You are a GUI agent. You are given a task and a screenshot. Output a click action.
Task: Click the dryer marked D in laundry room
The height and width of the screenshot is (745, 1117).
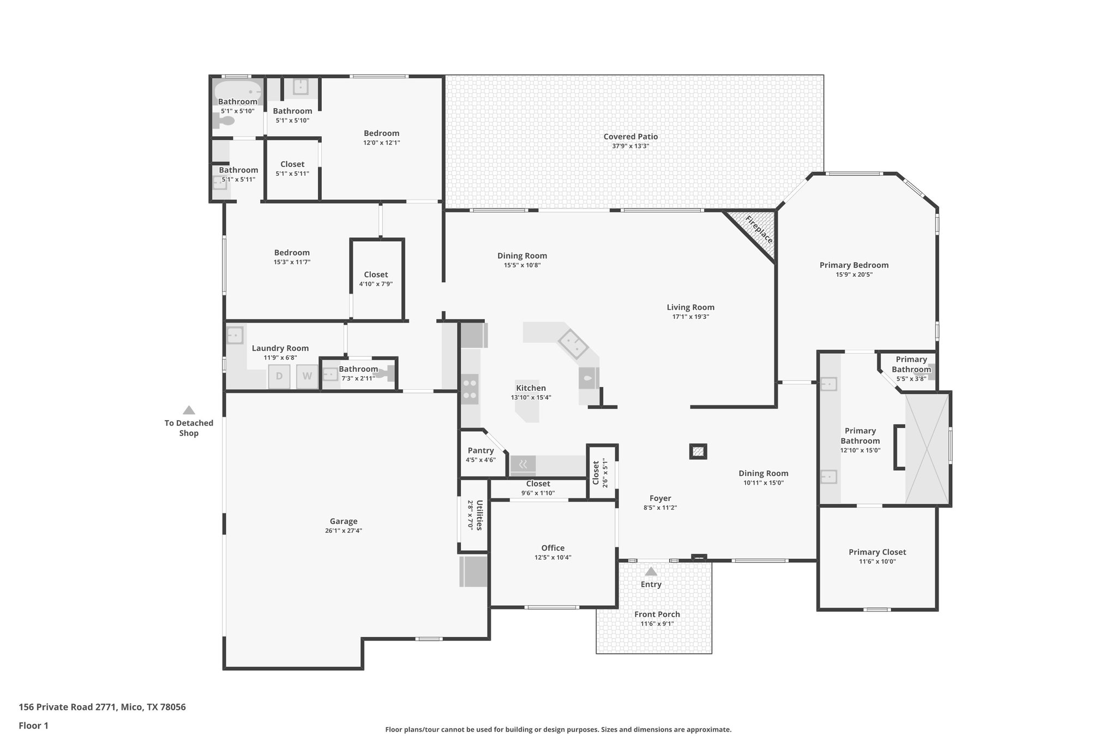279,376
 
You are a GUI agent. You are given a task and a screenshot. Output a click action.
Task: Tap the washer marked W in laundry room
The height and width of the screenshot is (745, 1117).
307,376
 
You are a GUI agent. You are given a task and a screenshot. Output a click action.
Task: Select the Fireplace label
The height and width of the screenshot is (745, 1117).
759,230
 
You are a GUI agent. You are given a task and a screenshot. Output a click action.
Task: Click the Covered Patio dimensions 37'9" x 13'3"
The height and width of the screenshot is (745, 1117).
630,146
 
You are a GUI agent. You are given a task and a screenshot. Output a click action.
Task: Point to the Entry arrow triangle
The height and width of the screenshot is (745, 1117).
651,571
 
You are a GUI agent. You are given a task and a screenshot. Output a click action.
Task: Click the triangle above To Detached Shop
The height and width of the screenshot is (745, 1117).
189,410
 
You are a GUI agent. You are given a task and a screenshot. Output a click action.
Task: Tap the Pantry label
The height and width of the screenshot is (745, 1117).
481,450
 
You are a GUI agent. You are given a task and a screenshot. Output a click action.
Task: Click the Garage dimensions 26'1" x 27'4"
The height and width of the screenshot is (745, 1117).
343,531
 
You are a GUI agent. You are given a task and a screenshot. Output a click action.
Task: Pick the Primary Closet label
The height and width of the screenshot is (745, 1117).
877,552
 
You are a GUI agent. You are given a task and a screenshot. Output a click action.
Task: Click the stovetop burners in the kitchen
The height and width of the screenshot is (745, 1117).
470,389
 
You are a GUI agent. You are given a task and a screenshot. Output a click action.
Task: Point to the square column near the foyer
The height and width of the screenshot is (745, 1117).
698,451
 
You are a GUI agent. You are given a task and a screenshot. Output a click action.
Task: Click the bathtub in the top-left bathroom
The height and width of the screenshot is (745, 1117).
237,91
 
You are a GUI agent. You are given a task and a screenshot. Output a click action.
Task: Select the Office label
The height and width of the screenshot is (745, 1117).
553,548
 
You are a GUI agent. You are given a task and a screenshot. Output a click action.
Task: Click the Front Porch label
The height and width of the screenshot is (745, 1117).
657,614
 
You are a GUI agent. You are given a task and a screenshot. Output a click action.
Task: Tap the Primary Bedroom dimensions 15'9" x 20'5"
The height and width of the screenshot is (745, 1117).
854,275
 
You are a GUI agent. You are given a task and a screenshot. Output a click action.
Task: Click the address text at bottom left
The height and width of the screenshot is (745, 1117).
102,707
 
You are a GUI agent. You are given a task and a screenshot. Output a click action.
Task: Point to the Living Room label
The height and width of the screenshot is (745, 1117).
690,307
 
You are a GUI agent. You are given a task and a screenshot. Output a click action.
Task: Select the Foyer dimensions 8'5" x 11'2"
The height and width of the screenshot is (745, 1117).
660,508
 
